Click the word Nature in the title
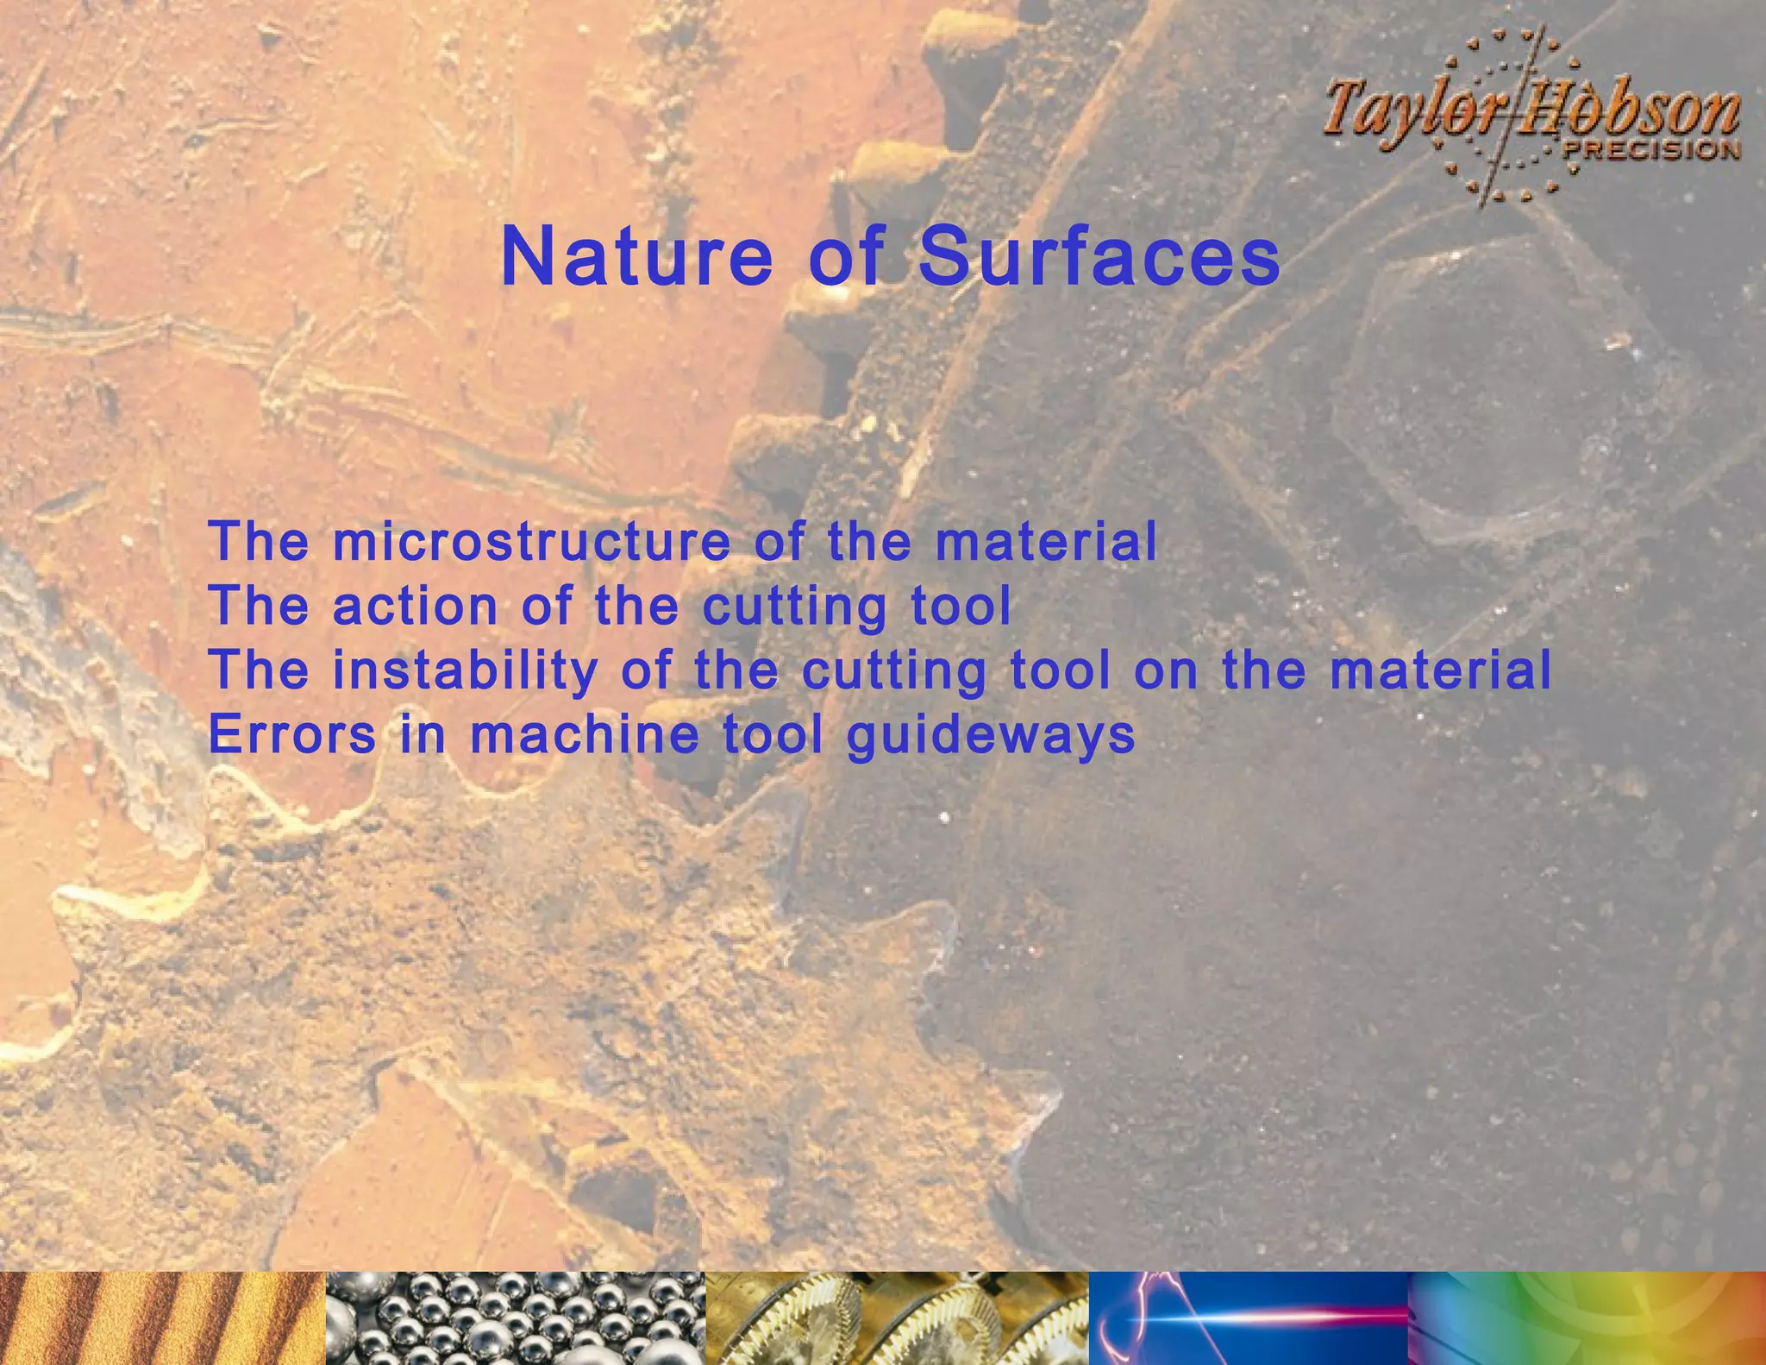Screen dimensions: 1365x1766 636,257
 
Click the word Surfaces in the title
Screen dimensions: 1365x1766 1099,257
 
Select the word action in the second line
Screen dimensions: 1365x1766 416,606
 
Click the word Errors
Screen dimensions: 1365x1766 292,735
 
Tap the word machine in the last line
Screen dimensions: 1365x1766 585,735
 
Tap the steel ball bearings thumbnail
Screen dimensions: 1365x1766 516,1318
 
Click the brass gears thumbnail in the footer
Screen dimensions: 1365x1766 897,1318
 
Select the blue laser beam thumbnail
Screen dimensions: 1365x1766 1249,1318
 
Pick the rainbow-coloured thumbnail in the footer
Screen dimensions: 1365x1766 1587,1318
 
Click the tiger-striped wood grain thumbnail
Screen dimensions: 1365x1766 162,1318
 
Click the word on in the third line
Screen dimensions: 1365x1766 1166,670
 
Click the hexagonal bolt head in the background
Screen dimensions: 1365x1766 1483,397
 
